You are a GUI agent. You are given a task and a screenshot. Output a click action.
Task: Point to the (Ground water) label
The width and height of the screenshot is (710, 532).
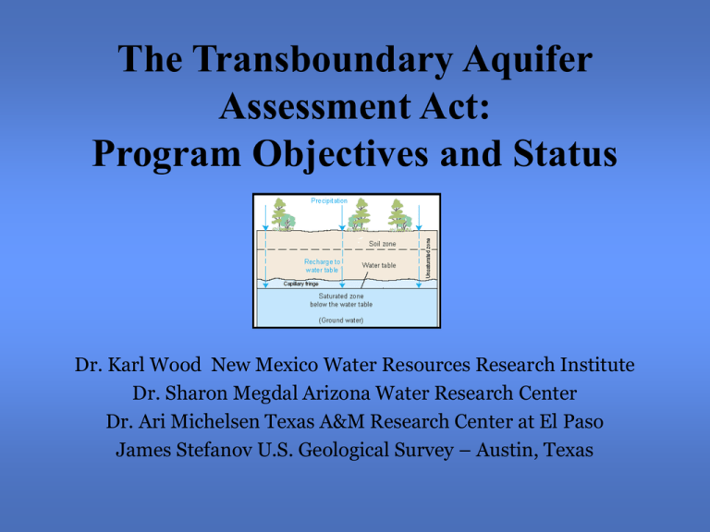[x=340, y=320]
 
